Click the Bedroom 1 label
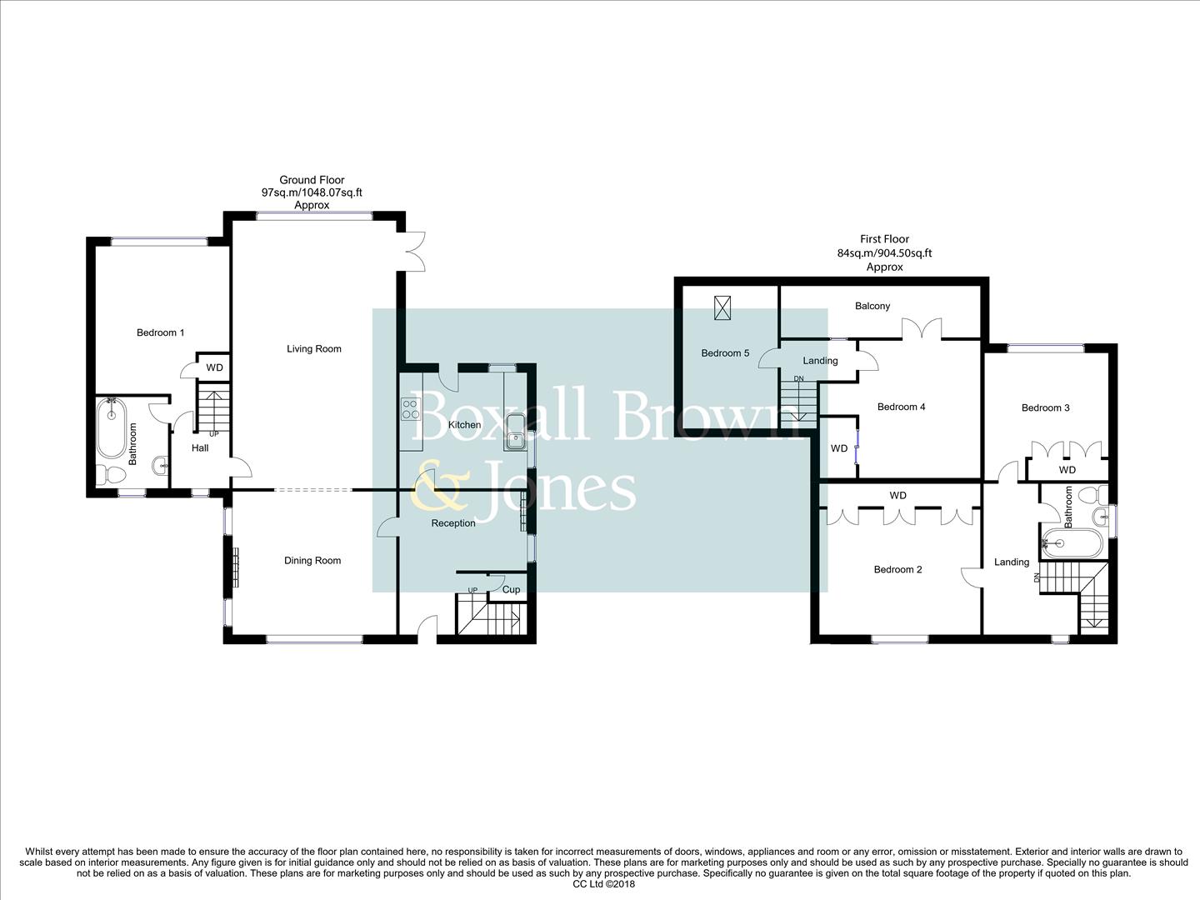coord(160,332)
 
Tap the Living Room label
coord(314,348)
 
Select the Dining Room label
coord(312,560)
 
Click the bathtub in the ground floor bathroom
coord(112,428)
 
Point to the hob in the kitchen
coord(411,409)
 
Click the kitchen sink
coord(515,431)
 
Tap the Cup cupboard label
coord(511,589)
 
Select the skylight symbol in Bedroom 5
coord(722,308)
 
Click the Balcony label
coord(872,306)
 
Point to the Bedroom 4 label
coord(901,407)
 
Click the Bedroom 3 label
coord(1045,407)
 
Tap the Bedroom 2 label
coord(897,569)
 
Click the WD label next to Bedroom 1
coord(214,367)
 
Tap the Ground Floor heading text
coord(312,180)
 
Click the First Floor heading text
coord(884,239)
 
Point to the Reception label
coord(453,523)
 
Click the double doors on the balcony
coord(922,328)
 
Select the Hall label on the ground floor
coord(200,447)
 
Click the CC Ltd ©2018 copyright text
coord(604,884)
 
